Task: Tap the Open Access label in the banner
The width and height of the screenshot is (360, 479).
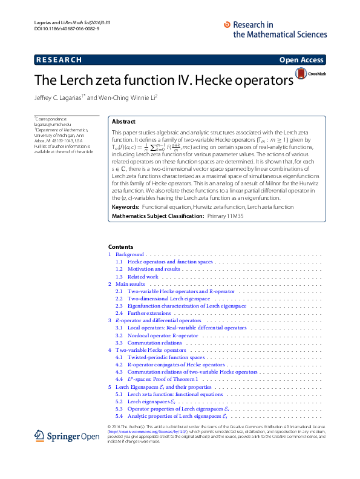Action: point(301,60)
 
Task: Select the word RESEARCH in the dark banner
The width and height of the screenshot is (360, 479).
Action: point(59,60)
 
